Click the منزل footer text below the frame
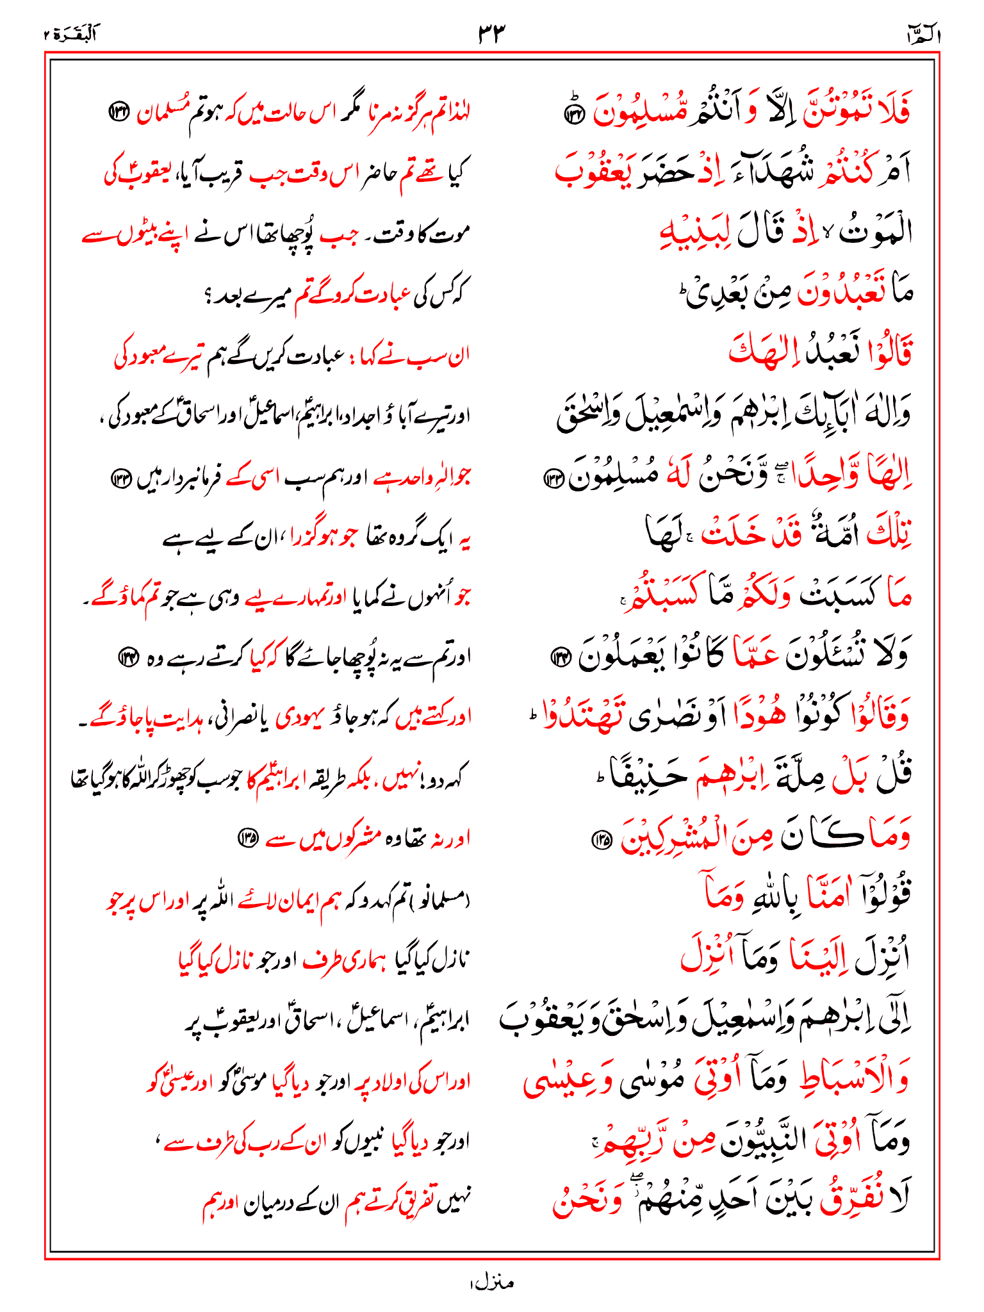pos(491,1283)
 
